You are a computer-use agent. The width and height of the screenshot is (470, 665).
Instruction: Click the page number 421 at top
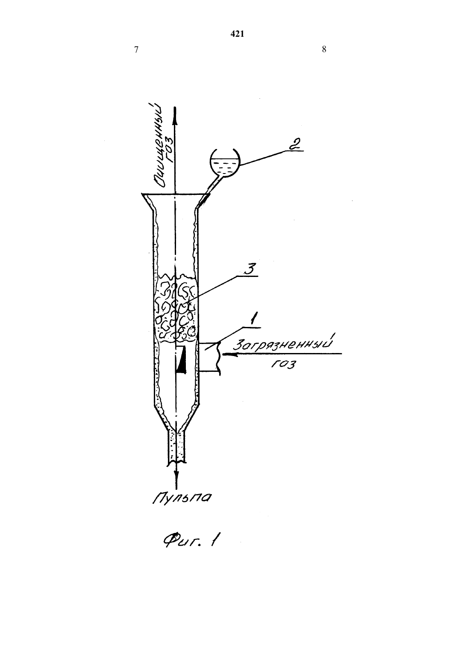(x=237, y=34)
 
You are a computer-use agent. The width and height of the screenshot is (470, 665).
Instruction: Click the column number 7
(x=136, y=50)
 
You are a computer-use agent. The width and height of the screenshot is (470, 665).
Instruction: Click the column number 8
(x=324, y=49)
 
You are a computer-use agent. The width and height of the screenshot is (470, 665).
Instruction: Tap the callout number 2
(x=295, y=144)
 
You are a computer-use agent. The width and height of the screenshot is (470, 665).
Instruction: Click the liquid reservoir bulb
(x=225, y=163)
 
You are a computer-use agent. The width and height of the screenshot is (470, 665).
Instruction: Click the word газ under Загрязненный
(x=283, y=364)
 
